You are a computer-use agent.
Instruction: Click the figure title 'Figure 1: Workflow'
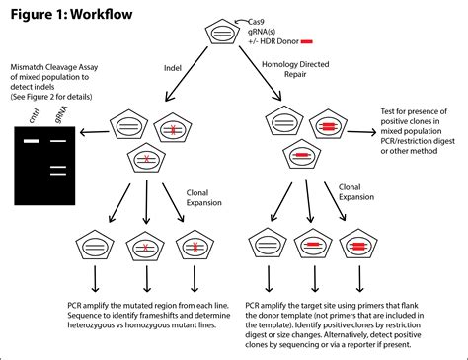click(71, 14)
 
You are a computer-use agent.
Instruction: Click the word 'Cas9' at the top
click(256, 22)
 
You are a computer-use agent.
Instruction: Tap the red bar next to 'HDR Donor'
click(307, 41)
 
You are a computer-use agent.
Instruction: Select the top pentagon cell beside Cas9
click(222, 33)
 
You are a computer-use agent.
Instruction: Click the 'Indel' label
click(173, 68)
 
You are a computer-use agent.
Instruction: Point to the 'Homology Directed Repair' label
click(295, 69)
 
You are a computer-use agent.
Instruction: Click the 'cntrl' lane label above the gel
click(35, 115)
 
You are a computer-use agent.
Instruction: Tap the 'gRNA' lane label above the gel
click(61, 114)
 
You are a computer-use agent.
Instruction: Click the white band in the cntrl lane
click(32, 141)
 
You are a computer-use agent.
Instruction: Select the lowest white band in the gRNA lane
click(58, 174)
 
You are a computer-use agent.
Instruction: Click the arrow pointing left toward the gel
click(95, 132)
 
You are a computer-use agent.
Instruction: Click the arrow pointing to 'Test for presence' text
click(361, 132)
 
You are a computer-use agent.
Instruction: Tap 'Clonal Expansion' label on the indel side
click(203, 198)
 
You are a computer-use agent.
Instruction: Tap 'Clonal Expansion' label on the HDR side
click(356, 192)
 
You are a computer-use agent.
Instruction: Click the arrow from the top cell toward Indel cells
click(187, 74)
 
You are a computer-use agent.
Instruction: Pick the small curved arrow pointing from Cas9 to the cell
click(241, 21)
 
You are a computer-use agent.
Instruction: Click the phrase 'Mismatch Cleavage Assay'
click(54, 67)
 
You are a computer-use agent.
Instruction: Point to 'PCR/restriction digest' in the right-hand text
click(418, 141)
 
